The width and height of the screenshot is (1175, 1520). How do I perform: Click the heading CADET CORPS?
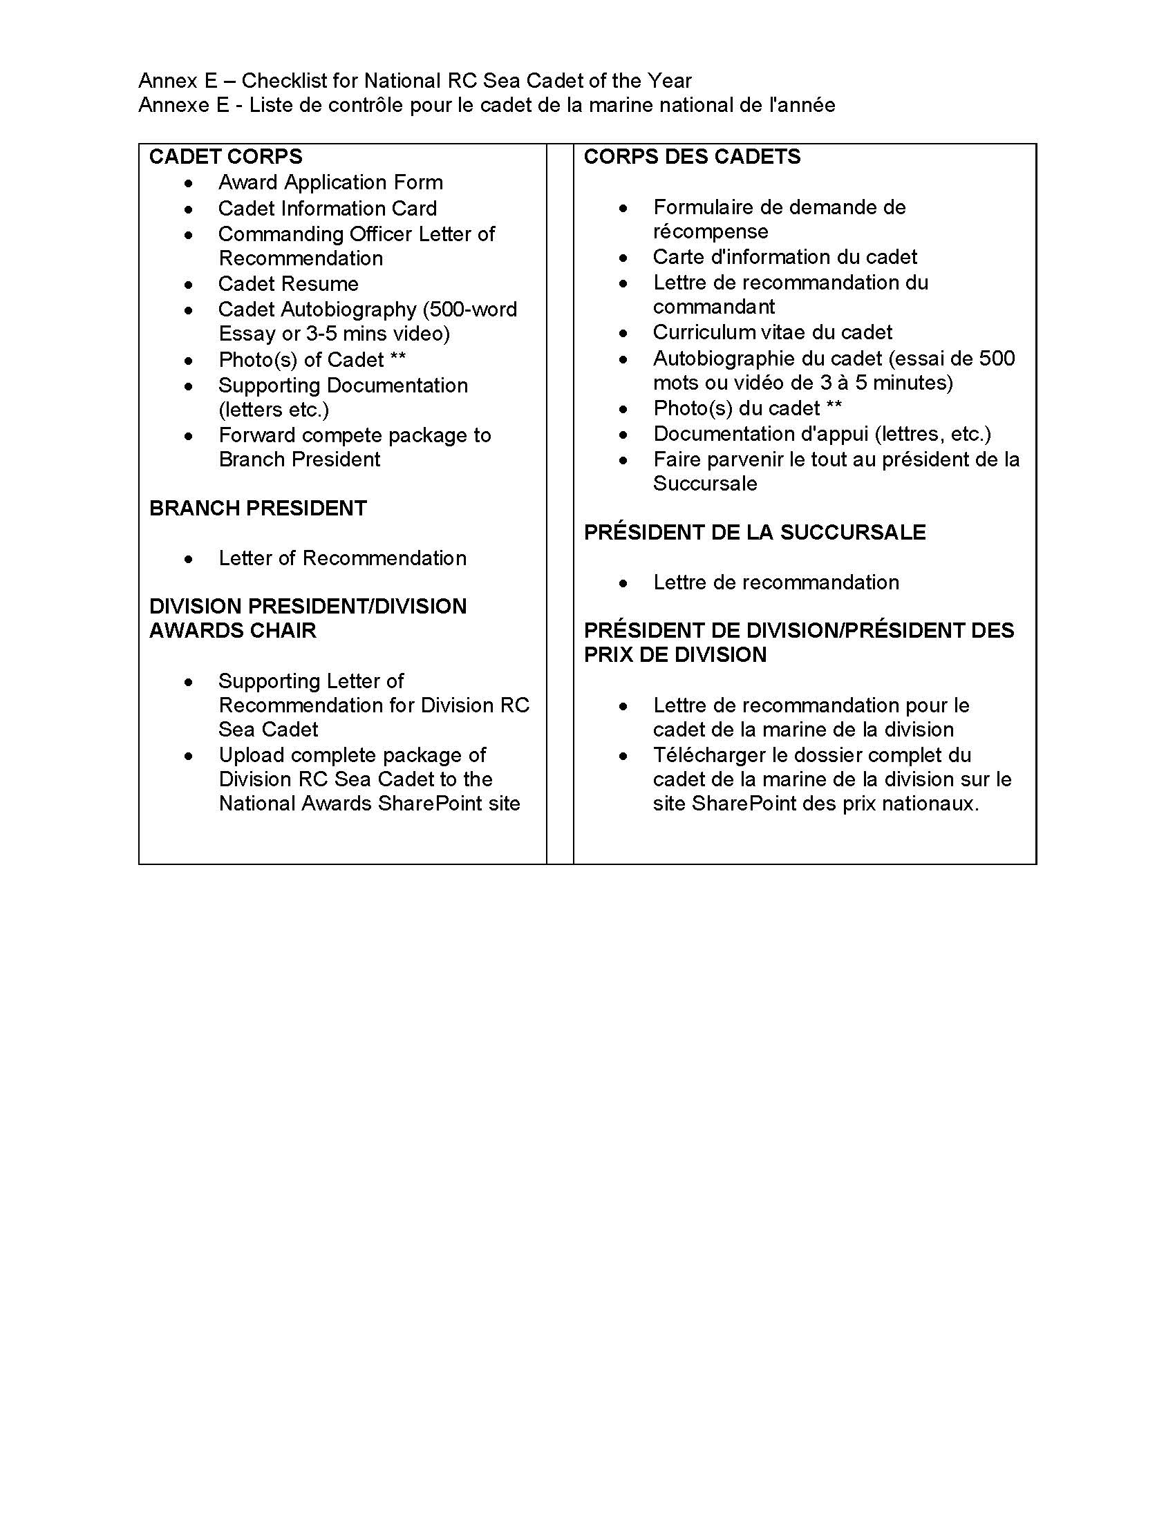pyautogui.click(x=225, y=157)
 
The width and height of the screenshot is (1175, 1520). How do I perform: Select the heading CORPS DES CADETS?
pyautogui.click(x=692, y=157)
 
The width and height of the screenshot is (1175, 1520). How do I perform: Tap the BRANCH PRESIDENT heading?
pyautogui.click(x=258, y=508)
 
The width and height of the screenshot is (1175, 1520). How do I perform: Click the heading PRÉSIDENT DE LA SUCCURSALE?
pyautogui.click(x=755, y=533)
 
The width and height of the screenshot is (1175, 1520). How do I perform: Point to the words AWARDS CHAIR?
pyautogui.click(x=232, y=631)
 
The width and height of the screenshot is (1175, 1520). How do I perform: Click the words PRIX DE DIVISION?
pyautogui.click(x=675, y=655)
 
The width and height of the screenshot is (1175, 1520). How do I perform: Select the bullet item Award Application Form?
pyautogui.click(x=330, y=182)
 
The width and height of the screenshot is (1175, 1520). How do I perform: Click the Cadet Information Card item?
pyautogui.click(x=327, y=208)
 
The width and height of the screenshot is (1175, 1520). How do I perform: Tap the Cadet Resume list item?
pyautogui.click(x=288, y=284)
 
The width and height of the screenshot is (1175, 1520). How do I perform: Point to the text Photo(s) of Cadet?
pyautogui.click(x=301, y=360)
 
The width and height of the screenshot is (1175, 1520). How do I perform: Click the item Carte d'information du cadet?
pyautogui.click(x=784, y=258)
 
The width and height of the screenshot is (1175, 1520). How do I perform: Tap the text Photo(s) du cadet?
pyautogui.click(x=737, y=408)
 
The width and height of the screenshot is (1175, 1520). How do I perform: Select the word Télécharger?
pyautogui.click(x=707, y=755)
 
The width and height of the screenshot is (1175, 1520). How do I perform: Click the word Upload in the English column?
pyautogui.click(x=252, y=755)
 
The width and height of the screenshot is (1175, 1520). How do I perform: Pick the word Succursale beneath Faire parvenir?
pyautogui.click(x=704, y=484)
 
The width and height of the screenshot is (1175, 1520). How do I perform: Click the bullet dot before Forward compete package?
pyautogui.click(x=189, y=437)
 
